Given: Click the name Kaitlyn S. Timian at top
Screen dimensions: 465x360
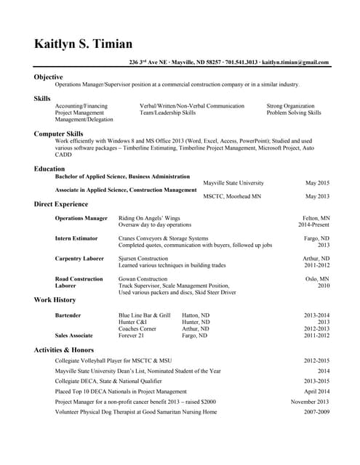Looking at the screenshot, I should coord(83,44).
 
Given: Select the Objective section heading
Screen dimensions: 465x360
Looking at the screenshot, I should coord(48,77).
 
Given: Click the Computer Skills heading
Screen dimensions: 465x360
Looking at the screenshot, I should coord(58,134).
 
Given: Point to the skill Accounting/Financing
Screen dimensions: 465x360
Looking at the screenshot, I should coord(81,106).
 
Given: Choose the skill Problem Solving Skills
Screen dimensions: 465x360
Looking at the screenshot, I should coord(294,113).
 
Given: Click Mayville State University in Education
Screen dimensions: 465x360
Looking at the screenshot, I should coord(233,183).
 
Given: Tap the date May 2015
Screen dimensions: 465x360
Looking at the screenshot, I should coord(317,183).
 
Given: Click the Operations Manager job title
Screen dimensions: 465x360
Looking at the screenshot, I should coord(81,218).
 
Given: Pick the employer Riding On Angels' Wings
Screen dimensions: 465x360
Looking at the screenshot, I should coord(149,218).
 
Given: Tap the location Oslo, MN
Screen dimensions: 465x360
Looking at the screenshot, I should coord(317,279).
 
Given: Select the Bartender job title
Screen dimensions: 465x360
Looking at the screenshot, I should coord(68,315).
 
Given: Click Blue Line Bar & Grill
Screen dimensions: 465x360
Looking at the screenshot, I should coord(144,315).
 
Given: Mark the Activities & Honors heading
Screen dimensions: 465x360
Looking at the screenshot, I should coord(63,349).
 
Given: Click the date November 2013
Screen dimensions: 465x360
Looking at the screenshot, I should coord(310,402).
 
